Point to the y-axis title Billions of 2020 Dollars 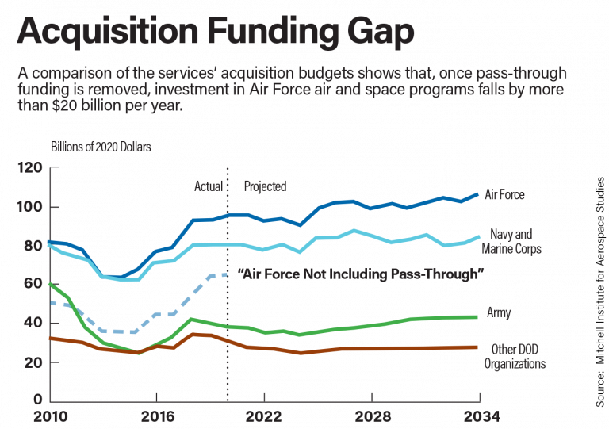[x=101, y=147]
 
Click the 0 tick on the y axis [x=36, y=399]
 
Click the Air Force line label [x=504, y=194]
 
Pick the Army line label [x=498, y=313]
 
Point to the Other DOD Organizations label [x=515, y=357]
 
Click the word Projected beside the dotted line [x=265, y=186]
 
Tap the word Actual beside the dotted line [x=209, y=186]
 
